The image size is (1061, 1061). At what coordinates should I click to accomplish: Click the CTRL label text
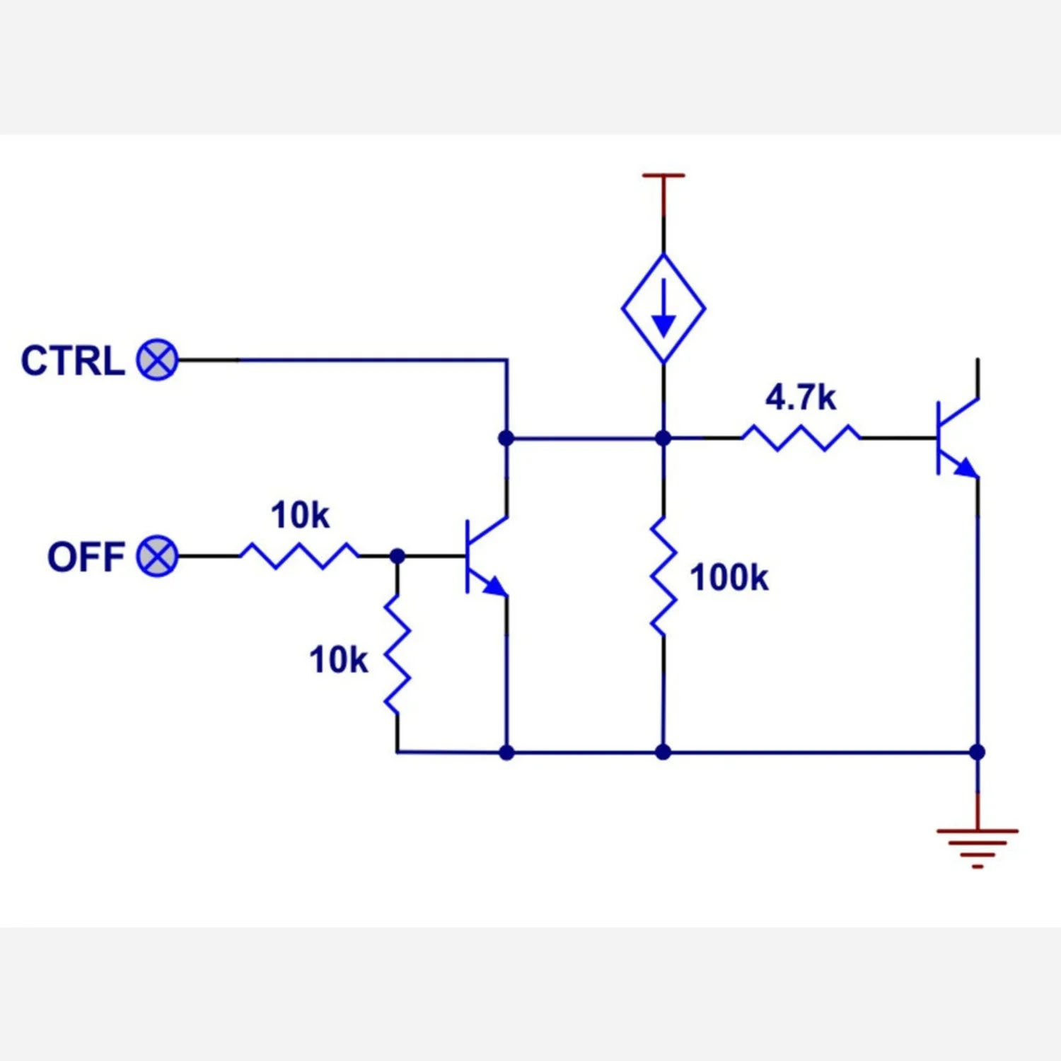tap(73, 361)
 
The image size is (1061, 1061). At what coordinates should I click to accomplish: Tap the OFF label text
tap(86, 557)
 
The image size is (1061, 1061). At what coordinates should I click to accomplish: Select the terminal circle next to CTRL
tap(157, 360)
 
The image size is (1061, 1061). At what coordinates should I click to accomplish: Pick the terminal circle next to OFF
tap(157, 556)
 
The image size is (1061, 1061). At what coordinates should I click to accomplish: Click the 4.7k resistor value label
tap(801, 398)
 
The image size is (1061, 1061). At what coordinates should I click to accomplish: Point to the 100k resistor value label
tap(729, 578)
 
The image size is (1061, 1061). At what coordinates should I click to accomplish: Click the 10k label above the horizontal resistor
tap(300, 515)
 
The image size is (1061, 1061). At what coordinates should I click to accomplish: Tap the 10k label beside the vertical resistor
tap(338, 660)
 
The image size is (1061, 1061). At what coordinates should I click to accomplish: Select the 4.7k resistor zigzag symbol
tap(801, 438)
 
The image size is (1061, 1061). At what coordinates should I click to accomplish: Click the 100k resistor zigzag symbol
tap(663, 576)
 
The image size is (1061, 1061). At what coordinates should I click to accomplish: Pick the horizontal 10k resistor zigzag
tap(300, 556)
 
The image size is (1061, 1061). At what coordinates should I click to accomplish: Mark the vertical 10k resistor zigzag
tap(398, 654)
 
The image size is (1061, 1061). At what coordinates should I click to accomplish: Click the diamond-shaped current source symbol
tap(663, 308)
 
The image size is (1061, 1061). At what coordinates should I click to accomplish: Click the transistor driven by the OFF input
tap(487, 556)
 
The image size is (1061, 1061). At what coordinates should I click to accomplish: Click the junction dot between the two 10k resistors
tap(398, 556)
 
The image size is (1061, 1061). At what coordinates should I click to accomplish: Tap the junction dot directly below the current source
tap(663, 438)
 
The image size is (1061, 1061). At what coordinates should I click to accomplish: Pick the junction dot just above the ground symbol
tap(978, 752)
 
